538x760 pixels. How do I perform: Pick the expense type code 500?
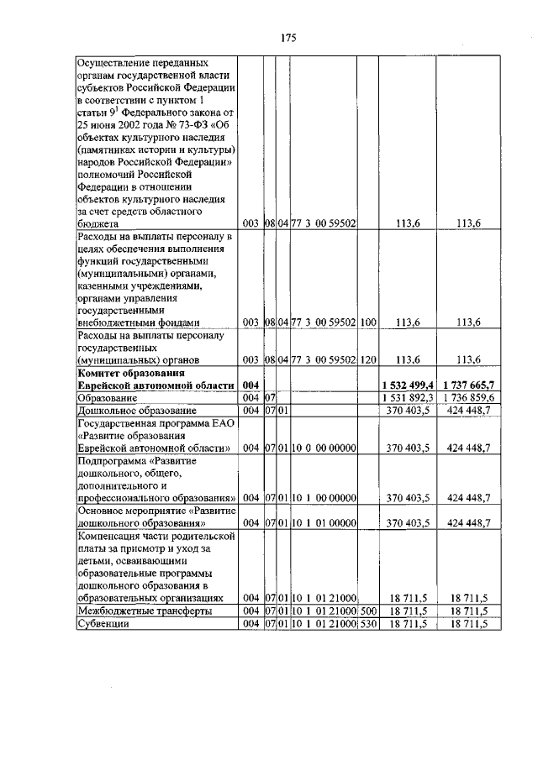(367, 611)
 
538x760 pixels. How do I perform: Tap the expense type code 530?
(367, 625)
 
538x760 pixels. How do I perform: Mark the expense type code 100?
(367, 322)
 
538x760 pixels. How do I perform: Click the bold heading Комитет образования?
(130, 372)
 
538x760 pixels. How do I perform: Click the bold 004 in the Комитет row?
(251, 385)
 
